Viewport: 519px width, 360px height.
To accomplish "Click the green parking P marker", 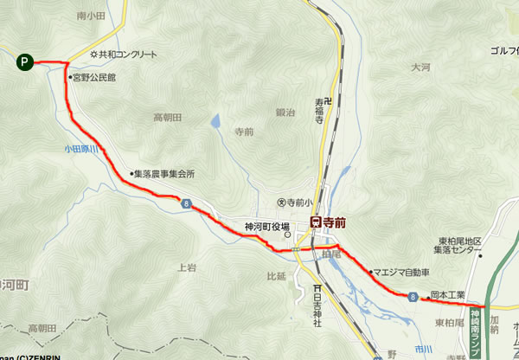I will [26, 61].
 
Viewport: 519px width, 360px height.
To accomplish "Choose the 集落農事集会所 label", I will [165, 174].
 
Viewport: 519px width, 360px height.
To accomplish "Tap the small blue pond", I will [215, 123].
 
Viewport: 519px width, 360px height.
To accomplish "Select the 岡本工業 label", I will [448, 294].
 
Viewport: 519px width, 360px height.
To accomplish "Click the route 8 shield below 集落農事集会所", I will [185, 202].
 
